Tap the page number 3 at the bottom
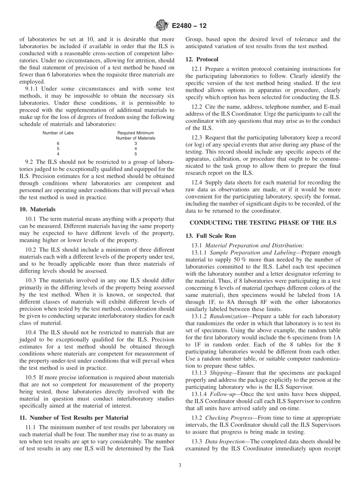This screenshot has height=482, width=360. tap(180, 466)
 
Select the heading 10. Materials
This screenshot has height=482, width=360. tap(37, 209)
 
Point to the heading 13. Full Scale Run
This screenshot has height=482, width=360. tap(210, 236)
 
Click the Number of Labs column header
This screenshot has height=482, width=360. tap(58, 133)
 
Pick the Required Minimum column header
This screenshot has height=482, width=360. tap(136, 133)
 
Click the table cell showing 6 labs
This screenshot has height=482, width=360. tap(58, 144)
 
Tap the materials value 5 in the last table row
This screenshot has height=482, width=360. tap(136, 154)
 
